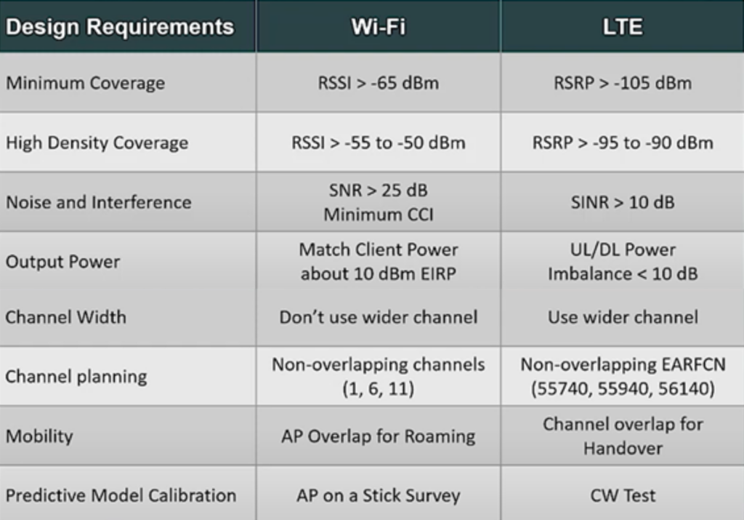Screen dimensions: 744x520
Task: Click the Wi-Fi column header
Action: coord(378,27)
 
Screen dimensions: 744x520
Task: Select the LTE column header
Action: coord(623,27)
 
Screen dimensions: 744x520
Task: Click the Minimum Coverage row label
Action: coord(86,83)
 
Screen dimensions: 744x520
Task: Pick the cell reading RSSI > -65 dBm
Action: coord(378,83)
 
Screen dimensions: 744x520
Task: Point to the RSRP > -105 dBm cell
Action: coord(623,83)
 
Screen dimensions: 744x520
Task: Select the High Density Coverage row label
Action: coord(97,143)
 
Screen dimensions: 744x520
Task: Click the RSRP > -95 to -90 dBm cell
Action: coord(623,143)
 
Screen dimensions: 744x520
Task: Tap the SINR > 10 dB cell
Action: coord(623,202)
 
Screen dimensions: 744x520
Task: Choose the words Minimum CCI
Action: coord(378,215)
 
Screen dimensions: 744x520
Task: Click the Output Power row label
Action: coord(62,262)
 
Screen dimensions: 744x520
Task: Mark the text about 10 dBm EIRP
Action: coord(378,274)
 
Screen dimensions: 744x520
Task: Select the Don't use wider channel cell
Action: coord(378,317)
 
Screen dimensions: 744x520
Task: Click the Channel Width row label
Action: coord(66,317)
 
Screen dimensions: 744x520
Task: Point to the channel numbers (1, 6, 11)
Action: coord(378,389)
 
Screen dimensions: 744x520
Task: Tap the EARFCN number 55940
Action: coord(623,389)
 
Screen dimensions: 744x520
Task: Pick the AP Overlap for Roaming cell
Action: coord(378,436)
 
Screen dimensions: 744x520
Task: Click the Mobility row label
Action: coord(39,436)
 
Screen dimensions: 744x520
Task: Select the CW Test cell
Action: coord(623,496)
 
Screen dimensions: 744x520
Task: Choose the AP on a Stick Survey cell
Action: coord(378,496)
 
